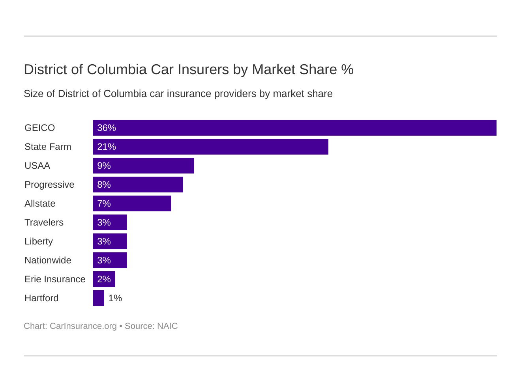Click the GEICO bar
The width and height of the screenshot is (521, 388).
(294, 128)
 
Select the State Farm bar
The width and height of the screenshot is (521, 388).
(211, 147)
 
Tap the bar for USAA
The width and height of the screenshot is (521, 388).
(144, 166)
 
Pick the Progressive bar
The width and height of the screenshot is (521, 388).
(138, 185)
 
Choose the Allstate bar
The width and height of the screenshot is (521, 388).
(132, 203)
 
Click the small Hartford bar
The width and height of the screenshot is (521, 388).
(99, 298)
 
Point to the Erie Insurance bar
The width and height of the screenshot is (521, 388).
(104, 279)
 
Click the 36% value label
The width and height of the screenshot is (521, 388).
(107, 128)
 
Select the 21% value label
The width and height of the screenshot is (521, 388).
(107, 147)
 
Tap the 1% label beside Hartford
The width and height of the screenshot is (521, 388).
(115, 298)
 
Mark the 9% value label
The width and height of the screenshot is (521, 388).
(104, 166)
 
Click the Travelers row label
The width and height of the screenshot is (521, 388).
(44, 222)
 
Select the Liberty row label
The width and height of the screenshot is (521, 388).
(39, 241)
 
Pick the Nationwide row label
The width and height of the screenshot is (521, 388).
(48, 260)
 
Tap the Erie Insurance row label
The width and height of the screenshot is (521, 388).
(55, 279)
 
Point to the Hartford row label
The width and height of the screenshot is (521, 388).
(41, 298)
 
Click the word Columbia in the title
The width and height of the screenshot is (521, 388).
(116, 69)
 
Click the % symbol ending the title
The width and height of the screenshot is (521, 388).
(347, 69)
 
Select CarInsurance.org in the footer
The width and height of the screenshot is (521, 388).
(83, 326)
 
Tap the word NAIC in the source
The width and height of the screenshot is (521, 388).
(167, 326)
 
